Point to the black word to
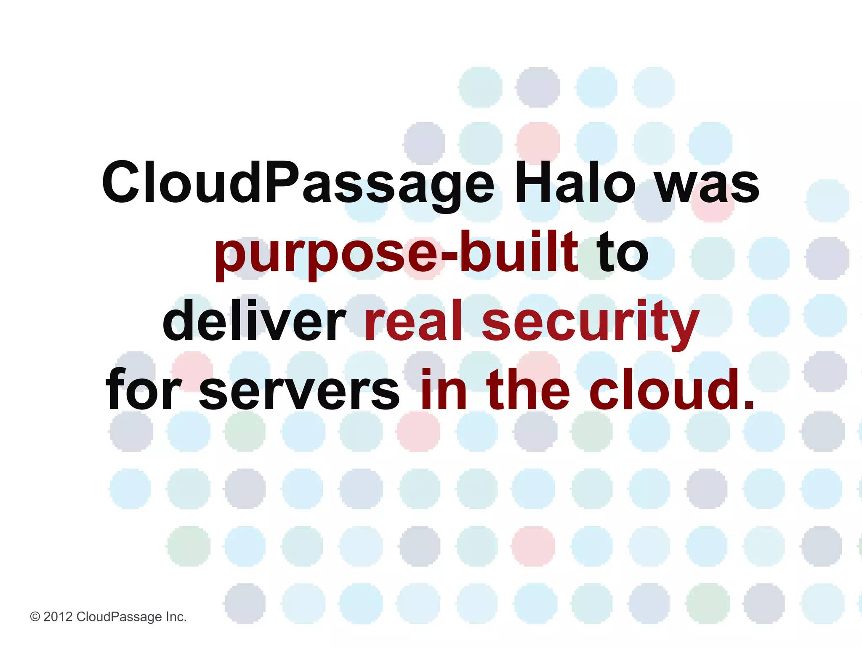623,253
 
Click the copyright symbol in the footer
35,617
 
